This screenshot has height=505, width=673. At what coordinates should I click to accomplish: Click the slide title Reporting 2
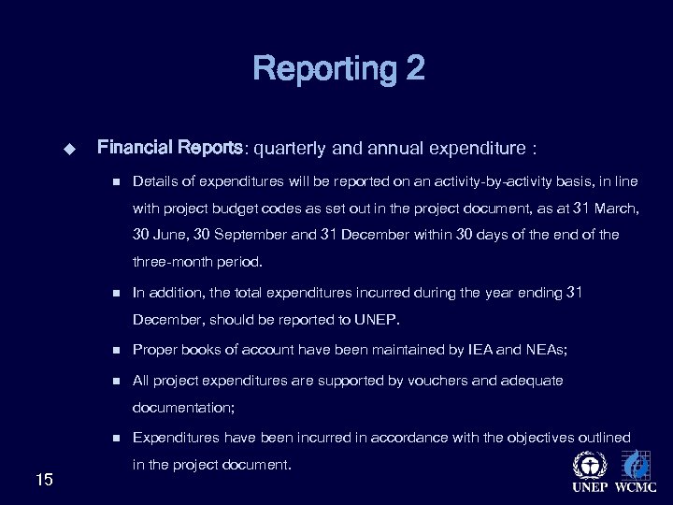[337, 68]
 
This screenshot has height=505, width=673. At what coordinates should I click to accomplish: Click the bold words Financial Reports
[170, 147]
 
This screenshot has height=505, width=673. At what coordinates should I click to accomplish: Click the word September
[251, 235]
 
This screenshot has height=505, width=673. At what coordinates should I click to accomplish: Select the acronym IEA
[478, 351]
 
